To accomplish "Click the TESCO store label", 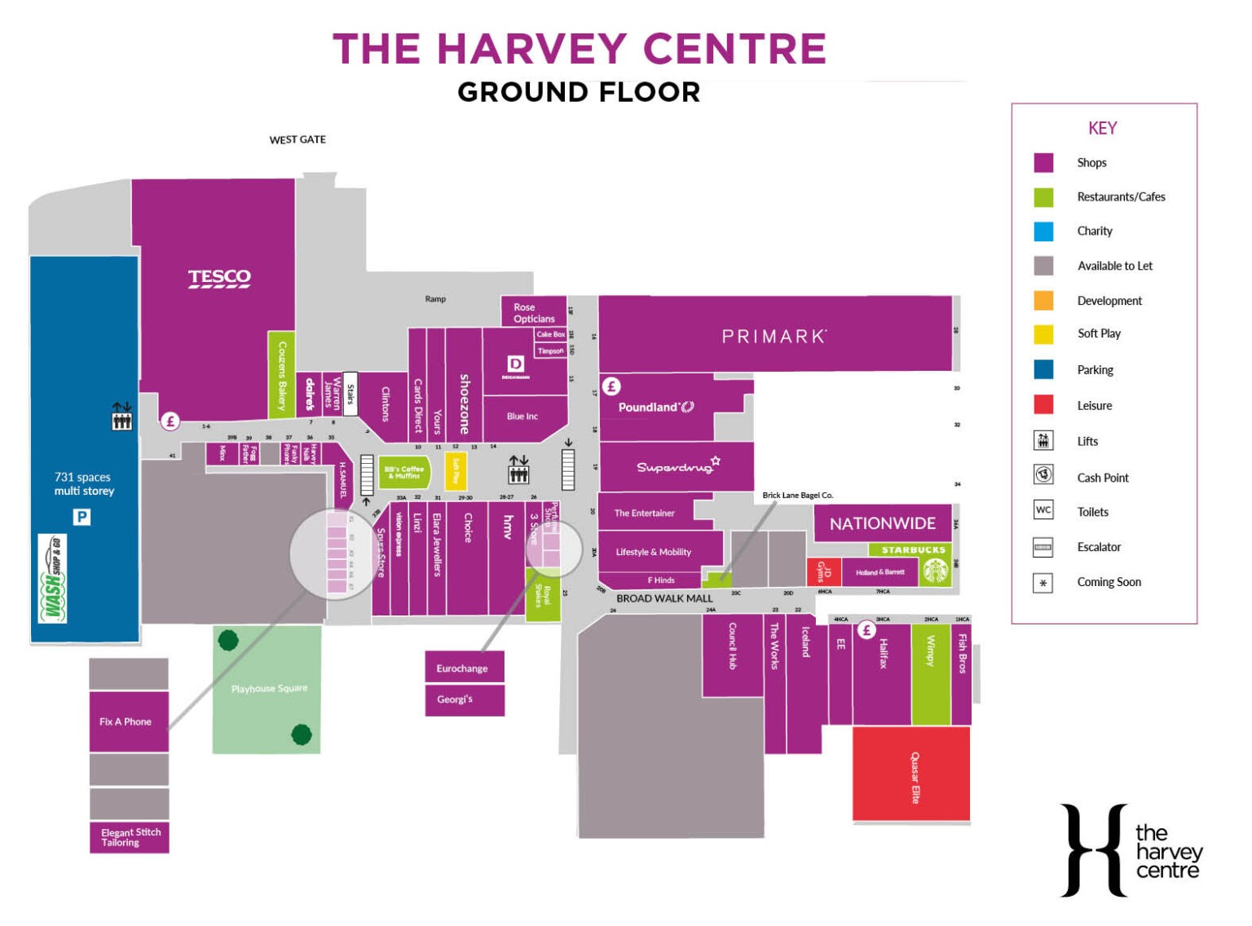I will [x=219, y=278].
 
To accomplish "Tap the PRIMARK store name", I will [x=774, y=336].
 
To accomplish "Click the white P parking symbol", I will [x=82, y=517].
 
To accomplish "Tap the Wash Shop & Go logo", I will [x=53, y=578].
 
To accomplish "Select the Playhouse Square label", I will [x=269, y=689].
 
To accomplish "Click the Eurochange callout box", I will [x=464, y=668].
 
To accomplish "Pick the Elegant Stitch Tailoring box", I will [x=130, y=837].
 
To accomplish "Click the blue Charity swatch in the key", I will [x=1043, y=231].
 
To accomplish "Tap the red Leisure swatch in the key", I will [x=1043, y=405].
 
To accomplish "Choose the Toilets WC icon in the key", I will [x=1043, y=510].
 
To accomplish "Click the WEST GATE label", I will [x=298, y=139].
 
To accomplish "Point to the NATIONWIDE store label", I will [x=882, y=523].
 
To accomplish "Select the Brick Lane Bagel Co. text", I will [x=797, y=495].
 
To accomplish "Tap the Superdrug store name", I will [x=675, y=466].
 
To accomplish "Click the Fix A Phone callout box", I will [x=128, y=721].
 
